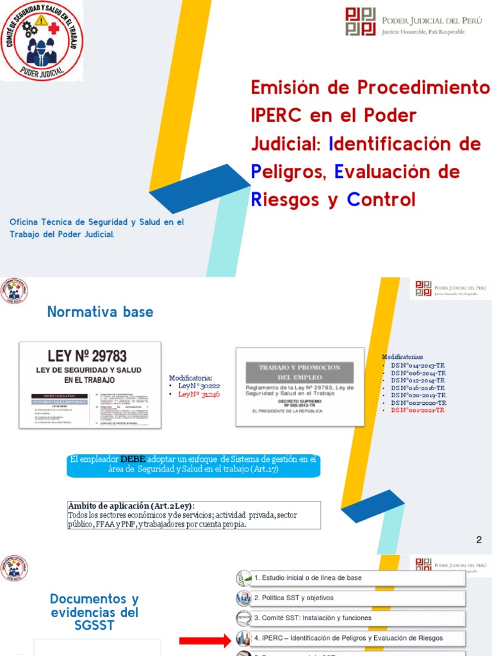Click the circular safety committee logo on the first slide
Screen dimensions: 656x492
click(40, 40)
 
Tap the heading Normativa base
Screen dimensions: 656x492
click(100, 312)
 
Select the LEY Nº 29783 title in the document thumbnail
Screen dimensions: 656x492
click(87, 356)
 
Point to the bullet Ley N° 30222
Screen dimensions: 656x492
click(199, 386)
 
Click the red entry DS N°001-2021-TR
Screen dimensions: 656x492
click(418, 409)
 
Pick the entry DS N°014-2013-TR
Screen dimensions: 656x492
click(418, 365)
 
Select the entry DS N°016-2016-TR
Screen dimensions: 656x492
click(418, 388)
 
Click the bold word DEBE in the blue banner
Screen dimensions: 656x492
click(133, 459)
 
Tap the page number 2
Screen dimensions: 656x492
click(479, 540)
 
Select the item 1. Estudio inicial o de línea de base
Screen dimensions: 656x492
click(307, 578)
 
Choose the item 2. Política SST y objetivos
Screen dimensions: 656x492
click(293, 598)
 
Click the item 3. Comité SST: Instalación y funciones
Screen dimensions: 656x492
click(312, 618)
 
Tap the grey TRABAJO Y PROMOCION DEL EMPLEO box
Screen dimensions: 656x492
click(299, 373)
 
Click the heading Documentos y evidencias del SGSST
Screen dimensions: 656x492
click(94, 612)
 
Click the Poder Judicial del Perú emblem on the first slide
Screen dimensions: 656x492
click(361, 21)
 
